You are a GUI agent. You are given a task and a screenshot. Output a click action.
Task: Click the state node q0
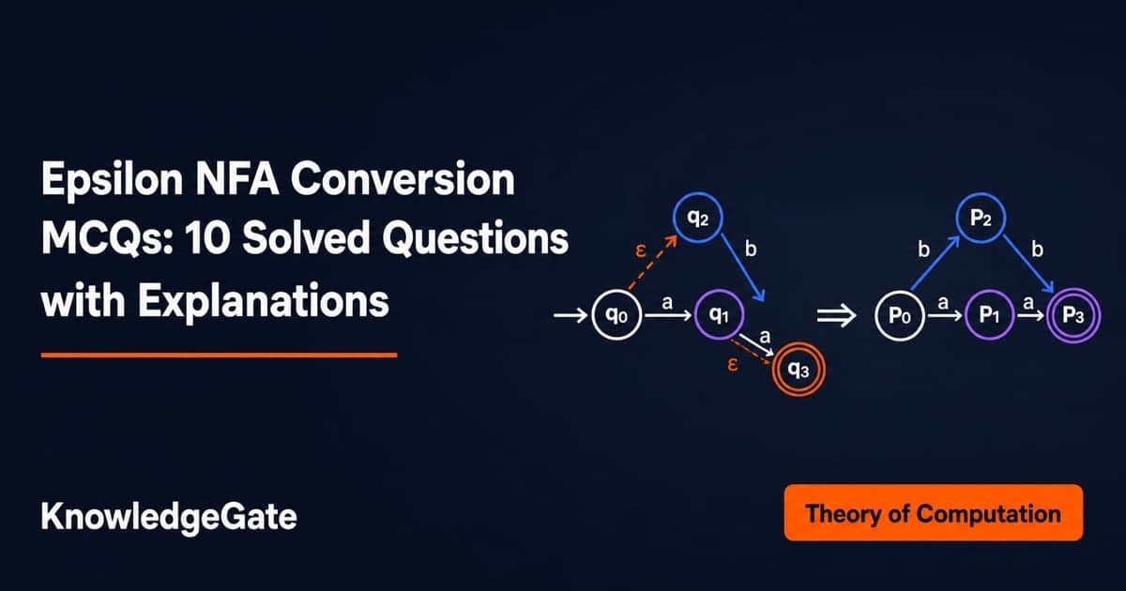(616, 315)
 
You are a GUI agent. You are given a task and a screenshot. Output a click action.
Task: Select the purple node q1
(720, 314)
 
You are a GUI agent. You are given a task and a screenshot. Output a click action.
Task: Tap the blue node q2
(698, 218)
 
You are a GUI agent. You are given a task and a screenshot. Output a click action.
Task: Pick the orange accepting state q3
(799, 370)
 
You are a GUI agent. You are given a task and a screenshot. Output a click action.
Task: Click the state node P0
(899, 315)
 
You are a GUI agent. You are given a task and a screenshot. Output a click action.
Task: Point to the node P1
(989, 315)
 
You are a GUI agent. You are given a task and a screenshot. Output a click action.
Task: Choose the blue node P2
(981, 218)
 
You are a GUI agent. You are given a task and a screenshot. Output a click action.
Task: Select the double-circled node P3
(1073, 315)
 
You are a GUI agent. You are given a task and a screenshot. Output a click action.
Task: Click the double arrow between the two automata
(836, 316)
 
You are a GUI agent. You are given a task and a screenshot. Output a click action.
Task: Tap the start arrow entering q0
(571, 315)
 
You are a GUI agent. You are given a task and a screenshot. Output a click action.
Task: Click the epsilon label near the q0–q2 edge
(640, 250)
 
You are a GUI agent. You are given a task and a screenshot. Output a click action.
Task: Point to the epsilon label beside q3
(733, 364)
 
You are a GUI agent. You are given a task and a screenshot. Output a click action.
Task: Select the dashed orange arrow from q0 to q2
(652, 263)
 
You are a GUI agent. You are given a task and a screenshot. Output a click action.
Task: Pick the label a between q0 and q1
(667, 303)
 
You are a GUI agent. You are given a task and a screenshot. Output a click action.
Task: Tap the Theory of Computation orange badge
(934, 512)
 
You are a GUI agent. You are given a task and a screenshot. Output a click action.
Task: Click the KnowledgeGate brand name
(169, 517)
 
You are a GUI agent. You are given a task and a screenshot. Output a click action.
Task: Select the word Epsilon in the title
(112, 181)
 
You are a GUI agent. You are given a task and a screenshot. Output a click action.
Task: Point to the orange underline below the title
(220, 356)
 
